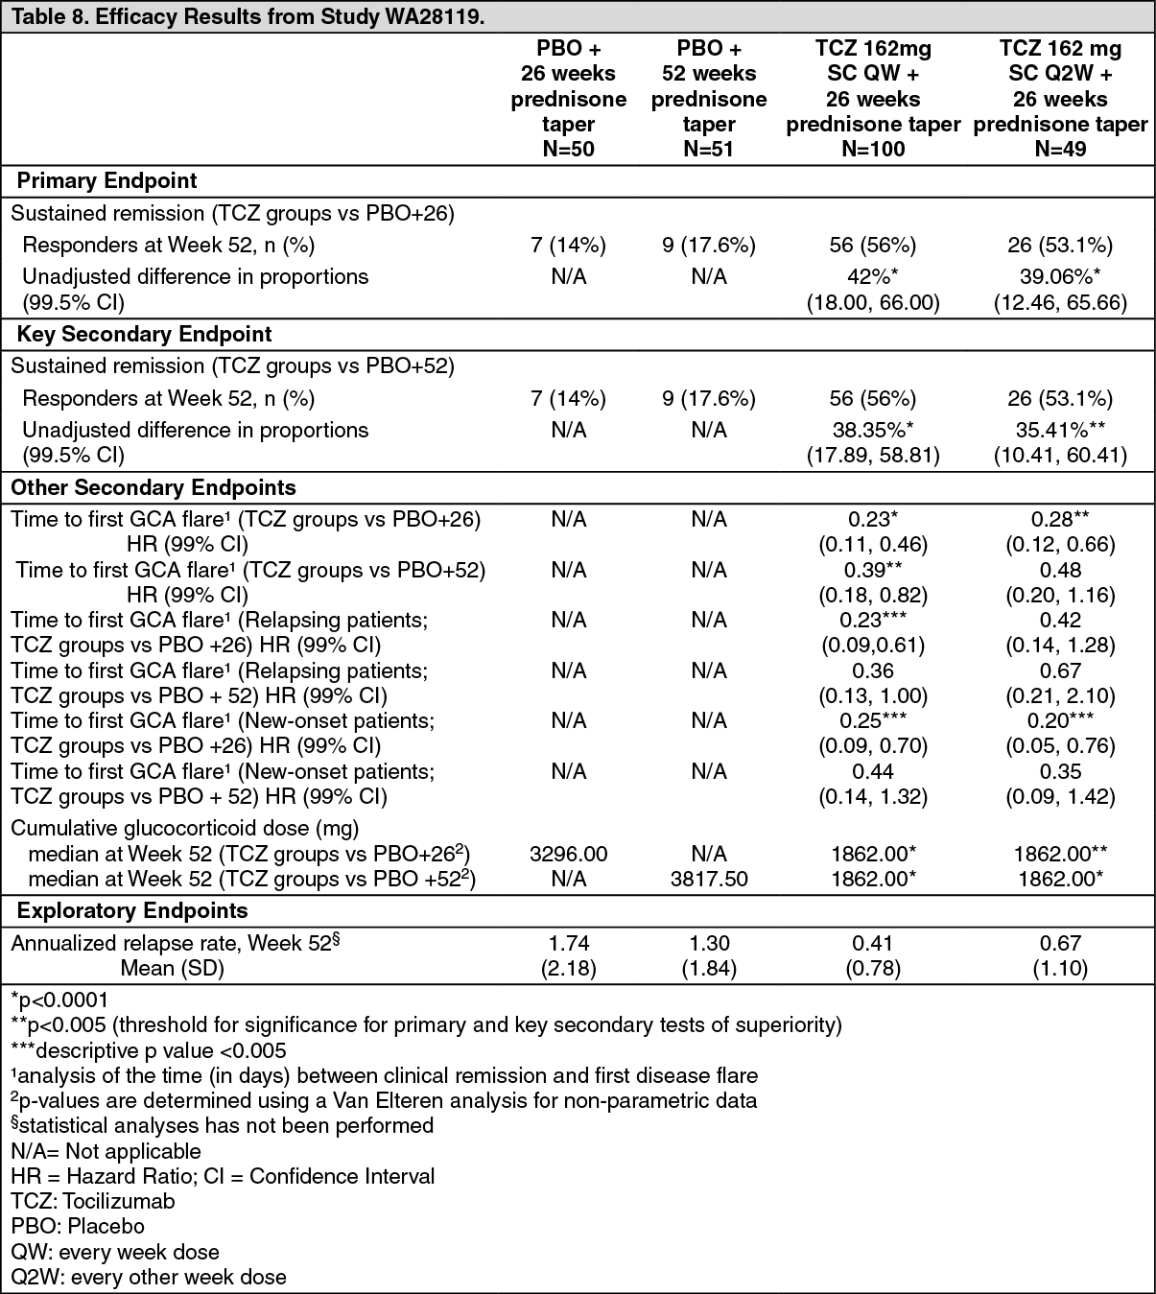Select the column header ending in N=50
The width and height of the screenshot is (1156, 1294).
click(568, 99)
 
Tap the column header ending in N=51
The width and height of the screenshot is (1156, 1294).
click(709, 99)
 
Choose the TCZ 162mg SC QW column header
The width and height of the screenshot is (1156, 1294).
click(873, 99)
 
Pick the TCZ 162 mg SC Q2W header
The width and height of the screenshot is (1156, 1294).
click(1060, 99)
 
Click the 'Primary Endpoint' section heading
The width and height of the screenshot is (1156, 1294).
click(107, 180)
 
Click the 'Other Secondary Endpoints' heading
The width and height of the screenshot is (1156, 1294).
click(153, 487)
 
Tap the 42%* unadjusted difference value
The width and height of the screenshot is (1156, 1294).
click(873, 276)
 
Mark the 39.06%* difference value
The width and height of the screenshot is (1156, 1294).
click(1060, 276)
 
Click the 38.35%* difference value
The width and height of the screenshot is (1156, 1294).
click(873, 430)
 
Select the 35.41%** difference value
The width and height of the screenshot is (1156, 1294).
click(1060, 430)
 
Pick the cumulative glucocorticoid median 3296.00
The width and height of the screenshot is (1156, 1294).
click(568, 854)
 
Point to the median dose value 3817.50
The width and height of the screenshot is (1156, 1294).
click(709, 879)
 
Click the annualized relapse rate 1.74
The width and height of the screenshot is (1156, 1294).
click(568, 943)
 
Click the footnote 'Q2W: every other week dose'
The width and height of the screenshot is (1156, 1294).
click(149, 1277)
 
